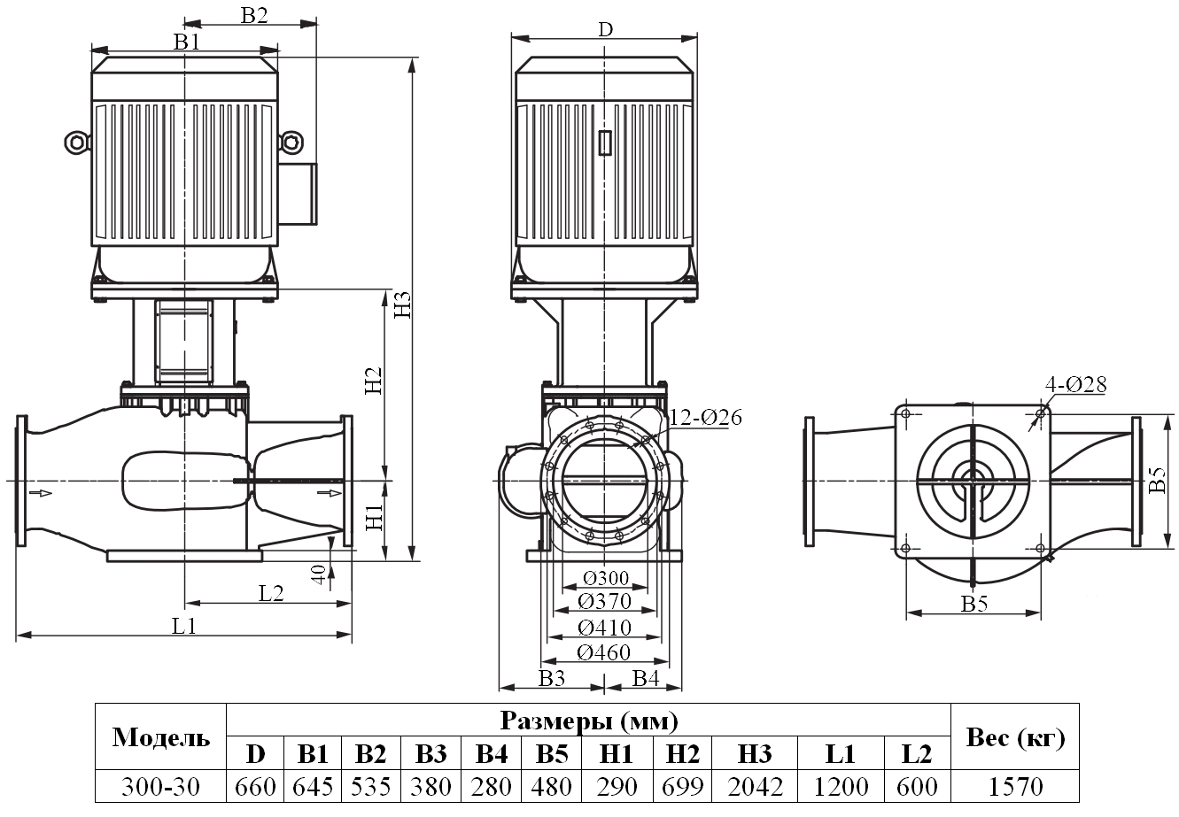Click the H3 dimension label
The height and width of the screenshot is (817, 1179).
pyautogui.click(x=403, y=304)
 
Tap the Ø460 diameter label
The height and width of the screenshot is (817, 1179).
pyautogui.click(x=604, y=653)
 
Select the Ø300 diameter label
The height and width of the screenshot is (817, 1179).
pyautogui.click(x=606, y=579)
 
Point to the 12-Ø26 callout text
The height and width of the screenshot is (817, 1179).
pyautogui.click(x=705, y=416)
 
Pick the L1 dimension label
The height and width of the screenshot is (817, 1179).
pyautogui.click(x=182, y=626)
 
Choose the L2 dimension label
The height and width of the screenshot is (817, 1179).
pyautogui.click(x=271, y=594)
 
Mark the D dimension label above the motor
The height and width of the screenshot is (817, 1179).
pyautogui.click(x=605, y=29)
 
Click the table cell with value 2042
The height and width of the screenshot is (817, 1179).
pyautogui.click(x=754, y=786)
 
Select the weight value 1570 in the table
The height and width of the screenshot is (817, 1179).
pyautogui.click(x=1015, y=786)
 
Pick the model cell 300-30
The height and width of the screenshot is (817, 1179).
pyautogui.click(x=161, y=786)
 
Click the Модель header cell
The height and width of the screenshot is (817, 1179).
pyautogui.click(x=161, y=737)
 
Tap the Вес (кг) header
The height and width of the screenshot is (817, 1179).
pyautogui.click(x=1015, y=737)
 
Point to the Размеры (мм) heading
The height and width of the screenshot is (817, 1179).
pyautogui.click(x=589, y=720)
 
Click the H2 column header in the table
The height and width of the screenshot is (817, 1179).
pyautogui.click(x=682, y=754)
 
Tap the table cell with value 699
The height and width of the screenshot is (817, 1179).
pyautogui.click(x=682, y=786)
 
